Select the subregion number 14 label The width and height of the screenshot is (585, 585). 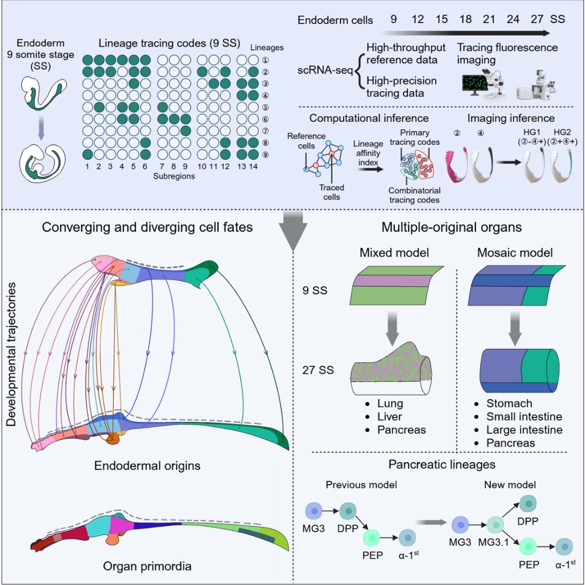[254, 166]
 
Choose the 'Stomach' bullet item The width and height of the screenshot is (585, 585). [504, 403]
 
